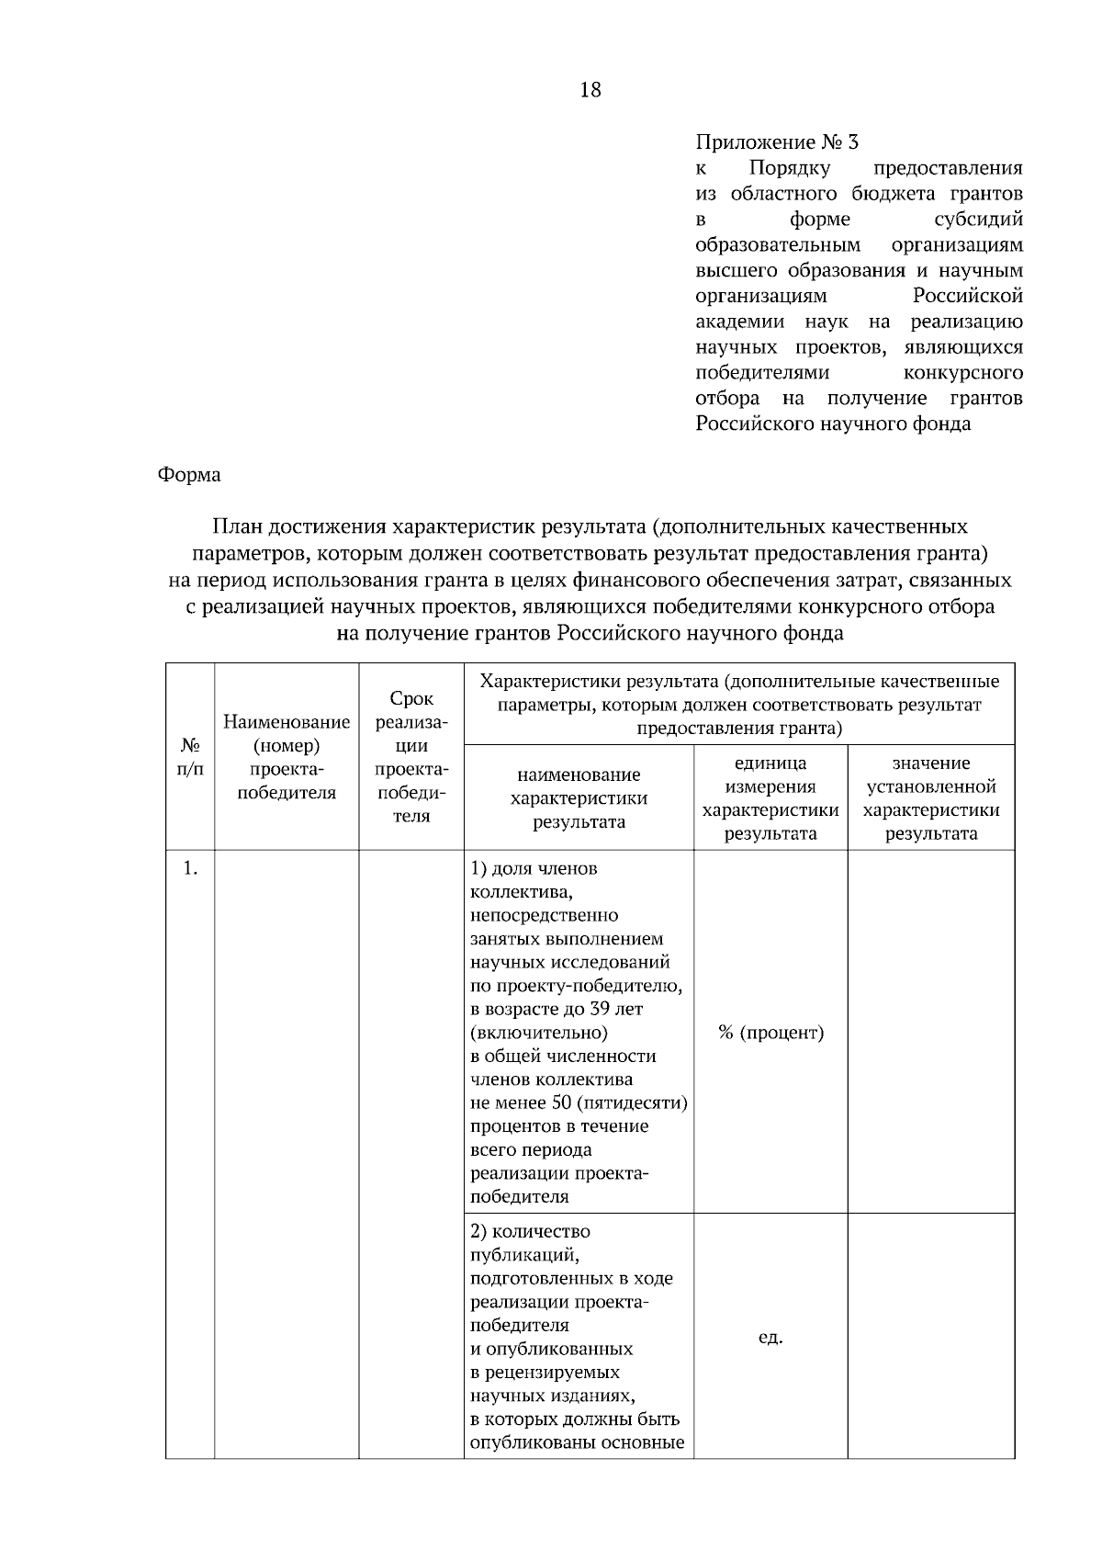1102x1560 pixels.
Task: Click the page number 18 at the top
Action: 590,90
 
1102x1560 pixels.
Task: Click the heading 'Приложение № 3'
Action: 777,142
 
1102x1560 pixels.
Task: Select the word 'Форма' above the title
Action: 189,475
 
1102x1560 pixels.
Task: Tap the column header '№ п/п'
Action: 190,755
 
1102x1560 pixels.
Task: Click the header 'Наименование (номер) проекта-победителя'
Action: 287,757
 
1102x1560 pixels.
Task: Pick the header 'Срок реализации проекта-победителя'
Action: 411,757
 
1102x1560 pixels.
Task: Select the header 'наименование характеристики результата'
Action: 579,797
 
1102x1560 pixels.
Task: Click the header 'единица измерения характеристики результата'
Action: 770,797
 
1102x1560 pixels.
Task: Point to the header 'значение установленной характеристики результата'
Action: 931,797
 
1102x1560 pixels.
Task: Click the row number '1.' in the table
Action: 190,868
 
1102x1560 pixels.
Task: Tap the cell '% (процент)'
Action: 770,1033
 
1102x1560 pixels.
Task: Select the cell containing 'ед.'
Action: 770,1337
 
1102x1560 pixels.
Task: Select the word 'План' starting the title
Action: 235,526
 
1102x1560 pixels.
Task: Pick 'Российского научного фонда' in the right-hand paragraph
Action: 832,424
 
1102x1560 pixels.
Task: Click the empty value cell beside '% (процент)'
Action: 931,1033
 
